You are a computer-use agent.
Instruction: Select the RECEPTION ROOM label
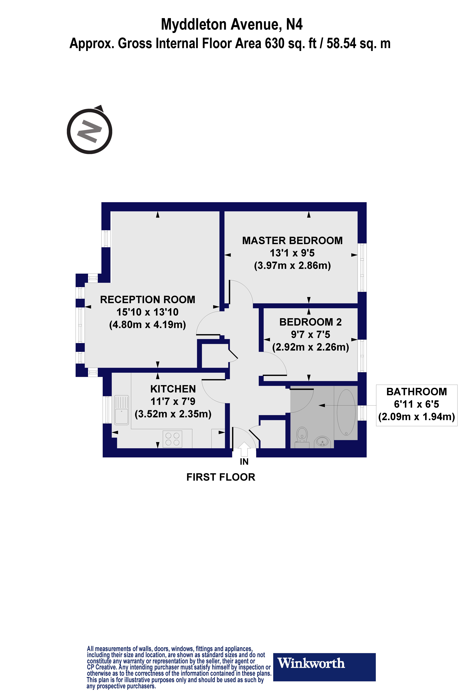pos(148,300)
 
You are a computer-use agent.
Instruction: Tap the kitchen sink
pos(121,410)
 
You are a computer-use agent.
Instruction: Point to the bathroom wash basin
pos(322,442)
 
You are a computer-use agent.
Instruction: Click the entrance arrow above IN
pos(244,449)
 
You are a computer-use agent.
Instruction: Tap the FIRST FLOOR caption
pos(221,477)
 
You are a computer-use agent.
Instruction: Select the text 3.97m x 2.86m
pos(292,265)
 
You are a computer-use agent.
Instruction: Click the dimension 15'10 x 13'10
pos(148,312)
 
